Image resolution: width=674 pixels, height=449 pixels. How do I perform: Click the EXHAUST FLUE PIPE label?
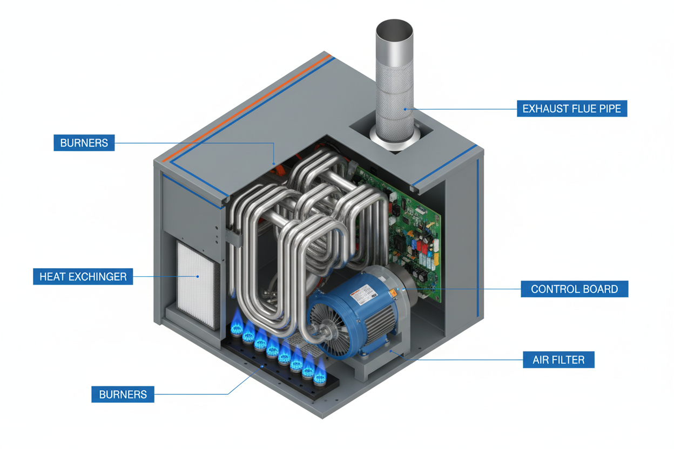click(x=571, y=108)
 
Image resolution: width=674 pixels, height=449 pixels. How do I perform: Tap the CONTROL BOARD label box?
click(x=574, y=289)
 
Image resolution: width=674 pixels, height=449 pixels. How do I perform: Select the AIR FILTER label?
click(x=558, y=359)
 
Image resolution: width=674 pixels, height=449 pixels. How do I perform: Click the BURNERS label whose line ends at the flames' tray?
click(x=123, y=394)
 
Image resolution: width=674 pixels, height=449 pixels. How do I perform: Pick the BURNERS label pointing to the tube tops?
click(x=84, y=143)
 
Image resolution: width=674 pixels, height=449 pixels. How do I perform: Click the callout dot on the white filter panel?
click(x=198, y=277)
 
